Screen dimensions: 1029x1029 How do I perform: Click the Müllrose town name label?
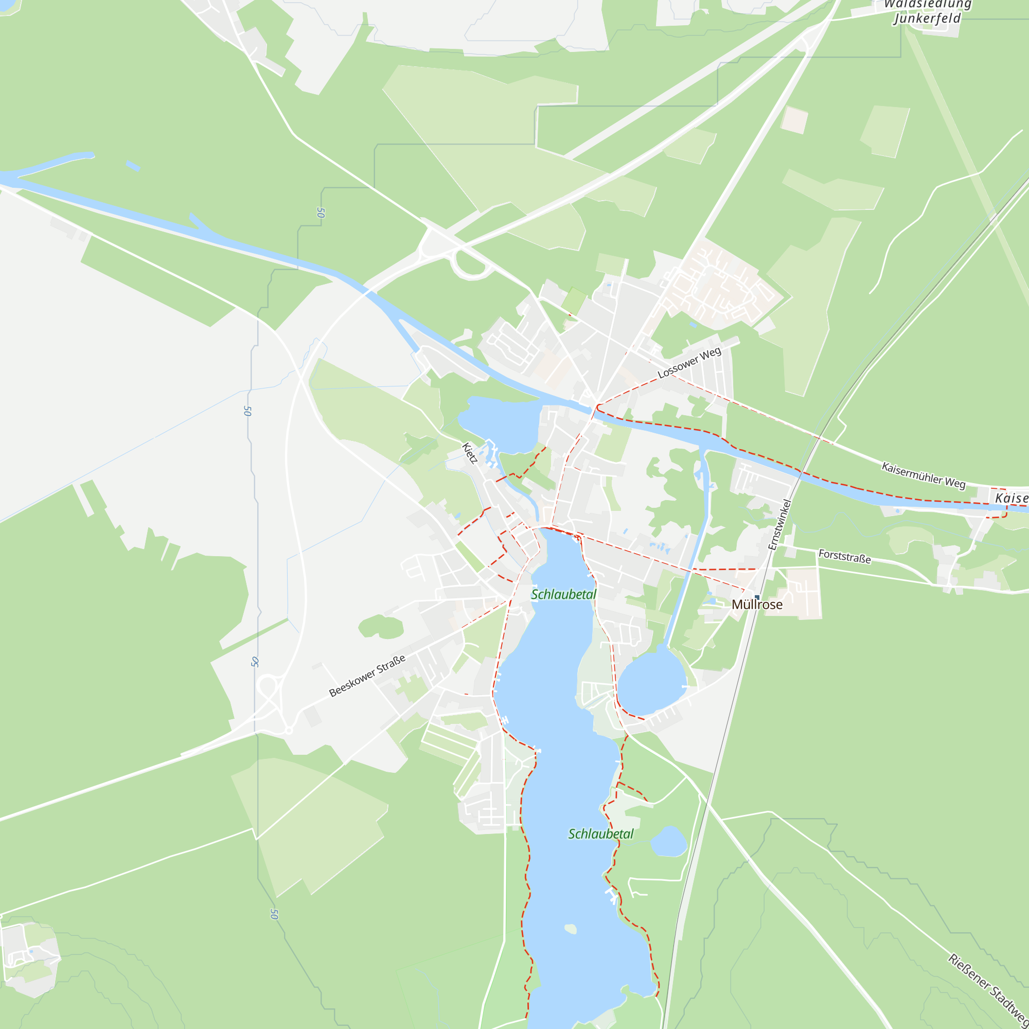[757, 605]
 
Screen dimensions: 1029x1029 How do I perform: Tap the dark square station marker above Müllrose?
[757, 597]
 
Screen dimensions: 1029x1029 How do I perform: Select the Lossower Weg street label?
[689, 363]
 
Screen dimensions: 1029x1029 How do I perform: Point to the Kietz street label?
[470, 453]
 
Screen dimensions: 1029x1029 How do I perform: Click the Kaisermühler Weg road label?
[924, 475]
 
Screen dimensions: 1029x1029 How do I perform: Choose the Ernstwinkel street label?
[780, 525]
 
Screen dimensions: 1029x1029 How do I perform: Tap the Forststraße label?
[844, 557]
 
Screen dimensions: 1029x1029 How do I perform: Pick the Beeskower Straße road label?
[367, 676]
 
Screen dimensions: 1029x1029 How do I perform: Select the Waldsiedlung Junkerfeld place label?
[927, 12]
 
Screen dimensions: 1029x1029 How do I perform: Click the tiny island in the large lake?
[571, 929]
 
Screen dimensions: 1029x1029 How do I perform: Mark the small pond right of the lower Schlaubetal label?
[668, 841]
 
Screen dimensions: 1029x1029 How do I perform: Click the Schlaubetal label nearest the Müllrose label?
[563, 594]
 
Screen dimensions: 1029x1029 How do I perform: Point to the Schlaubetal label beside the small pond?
[601, 833]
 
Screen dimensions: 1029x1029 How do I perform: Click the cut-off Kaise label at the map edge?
[1012, 498]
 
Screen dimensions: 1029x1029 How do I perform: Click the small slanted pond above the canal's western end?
[133, 166]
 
